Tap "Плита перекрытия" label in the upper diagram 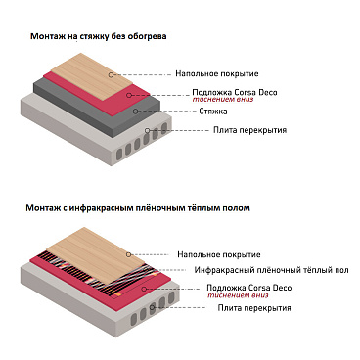pos(249,130)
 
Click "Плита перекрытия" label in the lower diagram pos(253,308)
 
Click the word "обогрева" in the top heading pos(147,36)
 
